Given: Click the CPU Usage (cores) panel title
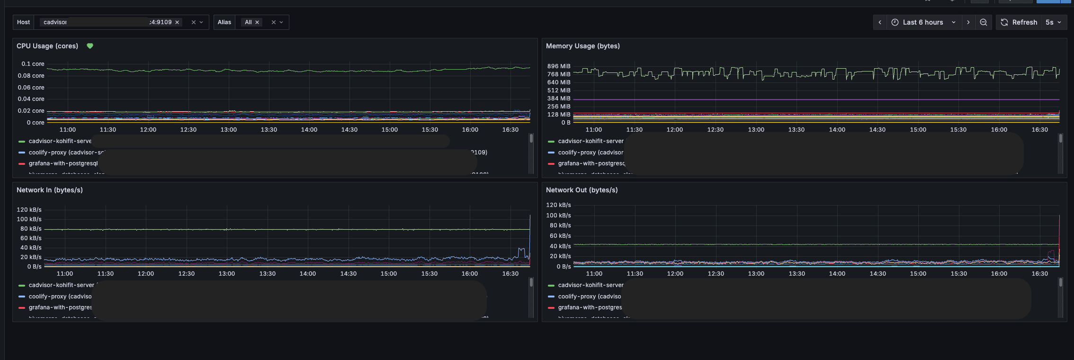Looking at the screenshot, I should pos(47,46).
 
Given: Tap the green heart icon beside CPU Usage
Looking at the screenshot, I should pos(90,46).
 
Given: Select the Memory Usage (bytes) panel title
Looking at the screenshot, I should pos(582,46).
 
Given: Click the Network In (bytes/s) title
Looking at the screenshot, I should pos(50,190).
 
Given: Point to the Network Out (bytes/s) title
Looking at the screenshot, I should pos(582,190).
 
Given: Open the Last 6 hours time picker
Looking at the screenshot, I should pos(923,22).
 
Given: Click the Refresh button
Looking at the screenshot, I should pos(1019,22).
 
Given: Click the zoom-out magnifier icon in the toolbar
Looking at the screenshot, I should pos(984,22).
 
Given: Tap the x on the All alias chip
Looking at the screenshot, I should pos(257,22).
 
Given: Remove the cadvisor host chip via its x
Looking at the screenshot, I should pos(177,22).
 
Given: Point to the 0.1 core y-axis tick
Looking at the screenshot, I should pos(33,64).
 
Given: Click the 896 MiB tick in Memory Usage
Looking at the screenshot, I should pos(559,66).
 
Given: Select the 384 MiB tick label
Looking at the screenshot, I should pos(559,99).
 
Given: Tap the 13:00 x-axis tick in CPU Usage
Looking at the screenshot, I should pos(229,130).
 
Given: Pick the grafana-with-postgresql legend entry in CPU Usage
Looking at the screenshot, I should pos(63,163).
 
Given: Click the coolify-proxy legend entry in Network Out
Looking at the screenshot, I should pos(589,297).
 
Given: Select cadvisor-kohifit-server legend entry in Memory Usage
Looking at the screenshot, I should pos(591,141).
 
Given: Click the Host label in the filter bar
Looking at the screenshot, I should pos(23,22).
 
